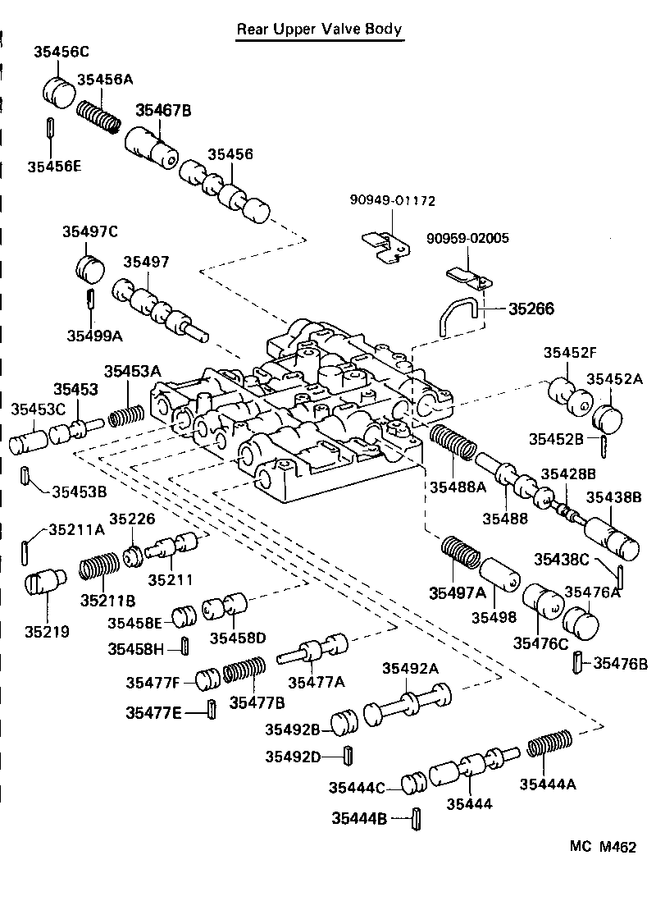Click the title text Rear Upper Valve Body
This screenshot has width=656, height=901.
coord(319,30)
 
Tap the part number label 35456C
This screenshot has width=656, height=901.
coord(61,51)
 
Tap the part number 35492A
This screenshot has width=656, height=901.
coord(410,668)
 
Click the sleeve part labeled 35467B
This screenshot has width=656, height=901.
coord(153,149)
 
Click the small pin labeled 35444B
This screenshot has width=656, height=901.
coord(417,817)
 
